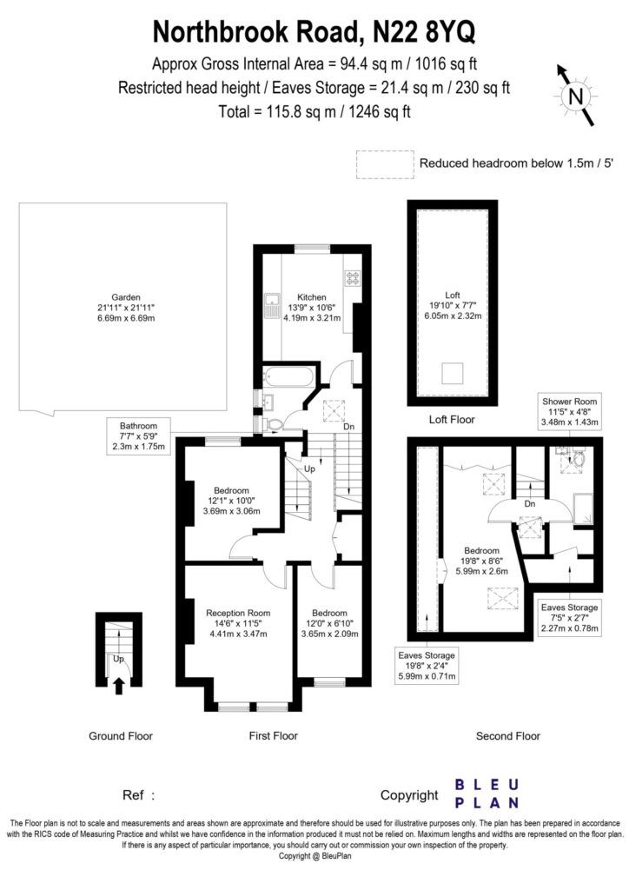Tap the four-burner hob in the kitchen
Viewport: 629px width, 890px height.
click(x=353, y=279)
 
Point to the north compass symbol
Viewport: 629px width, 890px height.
click(x=573, y=95)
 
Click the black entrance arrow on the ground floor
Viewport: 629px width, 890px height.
click(x=120, y=687)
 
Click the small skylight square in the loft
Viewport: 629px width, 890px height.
click(x=452, y=375)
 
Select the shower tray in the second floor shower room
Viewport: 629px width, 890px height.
click(x=584, y=507)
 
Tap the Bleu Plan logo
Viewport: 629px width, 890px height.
click(x=487, y=793)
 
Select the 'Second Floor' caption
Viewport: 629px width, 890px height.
click(x=508, y=736)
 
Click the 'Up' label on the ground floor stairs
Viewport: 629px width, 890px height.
click(x=118, y=660)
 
